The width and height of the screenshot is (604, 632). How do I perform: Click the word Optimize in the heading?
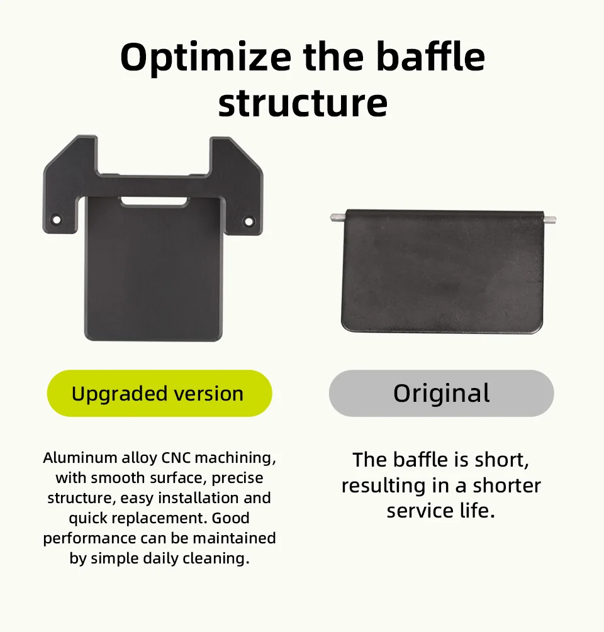pyautogui.click(x=206, y=57)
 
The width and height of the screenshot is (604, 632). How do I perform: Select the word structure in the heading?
pyautogui.click(x=303, y=103)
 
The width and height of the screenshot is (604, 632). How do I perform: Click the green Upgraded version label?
pyautogui.click(x=160, y=393)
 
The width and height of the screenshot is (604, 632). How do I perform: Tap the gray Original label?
pyautogui.click(x=442, y=393)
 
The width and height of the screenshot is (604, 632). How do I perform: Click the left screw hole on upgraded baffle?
pyautogui.click(x=57, y=219)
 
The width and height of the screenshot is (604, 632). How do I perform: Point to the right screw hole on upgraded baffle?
pyautogui.click(x=249, y=221)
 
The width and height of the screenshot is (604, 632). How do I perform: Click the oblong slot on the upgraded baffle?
pyautogui.click(x=155, y=201)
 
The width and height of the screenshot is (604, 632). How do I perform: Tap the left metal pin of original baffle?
pyautogui.click(x=337, y=217)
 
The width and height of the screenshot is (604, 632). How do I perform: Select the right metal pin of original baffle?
pyautogui.click(x=550, y=219)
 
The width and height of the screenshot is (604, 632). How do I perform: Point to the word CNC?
pyautogui.click(x=176, y=458)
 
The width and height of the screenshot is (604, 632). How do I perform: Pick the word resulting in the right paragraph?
pyautogui.click(x=384, y=486)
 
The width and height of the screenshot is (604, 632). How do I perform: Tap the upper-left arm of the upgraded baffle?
pyautogui.click(x=70, y=184)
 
